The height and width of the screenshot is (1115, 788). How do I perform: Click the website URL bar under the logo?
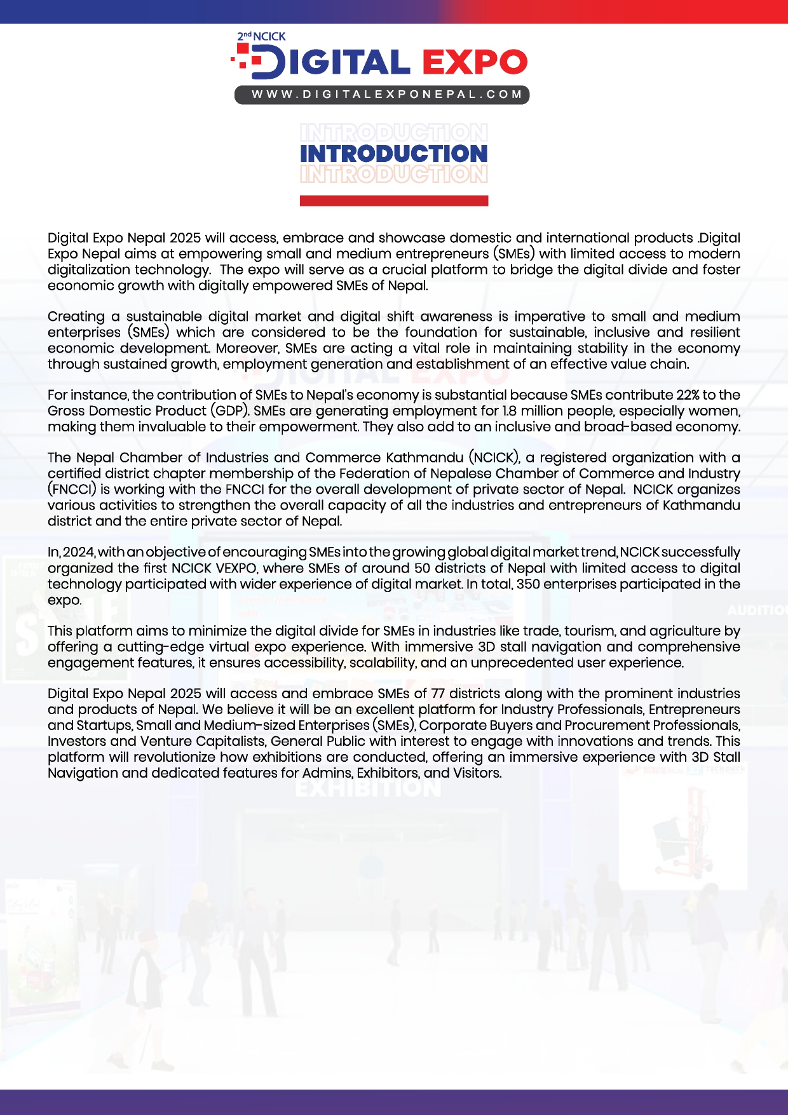(x=382, y=95)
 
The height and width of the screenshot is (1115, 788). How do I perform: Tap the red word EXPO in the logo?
(x=475, y=62)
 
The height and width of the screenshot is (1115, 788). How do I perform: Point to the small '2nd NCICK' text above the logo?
(x=261, y=37)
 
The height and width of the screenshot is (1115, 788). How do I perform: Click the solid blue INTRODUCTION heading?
(x=393, y=153)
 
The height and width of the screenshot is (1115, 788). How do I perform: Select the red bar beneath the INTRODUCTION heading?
(x=393, y=201)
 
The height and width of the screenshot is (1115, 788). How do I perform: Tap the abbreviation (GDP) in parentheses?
(x=230, y=411)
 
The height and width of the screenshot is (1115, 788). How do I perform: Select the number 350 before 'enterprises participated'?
(x=528, y=584)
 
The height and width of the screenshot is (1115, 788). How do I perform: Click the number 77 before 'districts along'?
(x=438, y=694)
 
